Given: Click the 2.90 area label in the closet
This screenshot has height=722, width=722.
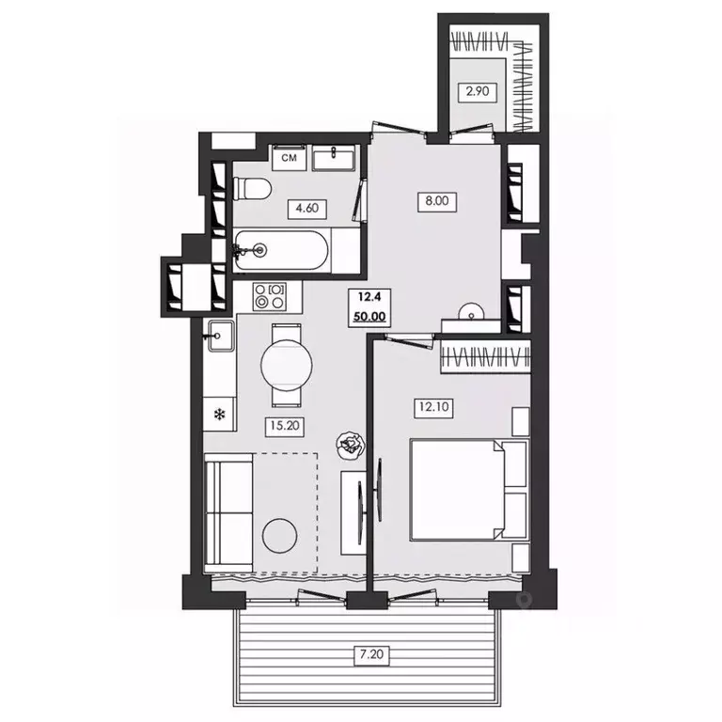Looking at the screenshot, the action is click(x=478, y=90).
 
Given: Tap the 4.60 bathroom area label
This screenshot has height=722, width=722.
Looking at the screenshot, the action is click(x=307, y=208).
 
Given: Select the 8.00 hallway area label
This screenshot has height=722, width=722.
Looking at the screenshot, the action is click(x=437, y=201).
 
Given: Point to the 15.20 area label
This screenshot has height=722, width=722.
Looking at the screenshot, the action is click(x=285, y=426).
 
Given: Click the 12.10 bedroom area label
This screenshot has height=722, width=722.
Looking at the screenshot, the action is click(x=433, y=407).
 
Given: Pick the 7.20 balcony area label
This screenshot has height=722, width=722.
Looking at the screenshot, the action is click(x=371, y=654).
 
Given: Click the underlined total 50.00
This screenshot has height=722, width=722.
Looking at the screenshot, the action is click(x=369, y=317).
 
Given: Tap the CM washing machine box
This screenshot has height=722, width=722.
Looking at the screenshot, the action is click(x=290, y=158).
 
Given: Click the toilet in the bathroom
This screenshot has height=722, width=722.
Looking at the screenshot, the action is click(x=252, y=188).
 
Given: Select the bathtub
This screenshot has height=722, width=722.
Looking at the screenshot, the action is click(x=281, y=251).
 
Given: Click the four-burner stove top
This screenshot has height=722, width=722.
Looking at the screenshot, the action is click(x=270, y=296).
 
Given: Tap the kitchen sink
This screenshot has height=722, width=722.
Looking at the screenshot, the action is click(x=221, y=337).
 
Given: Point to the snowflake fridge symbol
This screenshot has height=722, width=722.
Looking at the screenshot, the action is click(x=220, y=416).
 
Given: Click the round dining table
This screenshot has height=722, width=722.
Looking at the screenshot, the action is click(x=287, y=365).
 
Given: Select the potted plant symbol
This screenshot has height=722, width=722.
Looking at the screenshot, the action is click(x=351, y=445).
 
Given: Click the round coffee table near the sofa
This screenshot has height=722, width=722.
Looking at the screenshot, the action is click(x=279, y=536).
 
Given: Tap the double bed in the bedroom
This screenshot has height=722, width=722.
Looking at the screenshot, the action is click(x=469, y=490).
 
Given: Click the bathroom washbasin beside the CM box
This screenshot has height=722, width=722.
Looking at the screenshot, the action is click(x=334, y=158).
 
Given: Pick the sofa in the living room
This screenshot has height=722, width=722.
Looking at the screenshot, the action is click(x=228, y=512).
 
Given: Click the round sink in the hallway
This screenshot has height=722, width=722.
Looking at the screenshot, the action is click(x=472, y=311).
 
